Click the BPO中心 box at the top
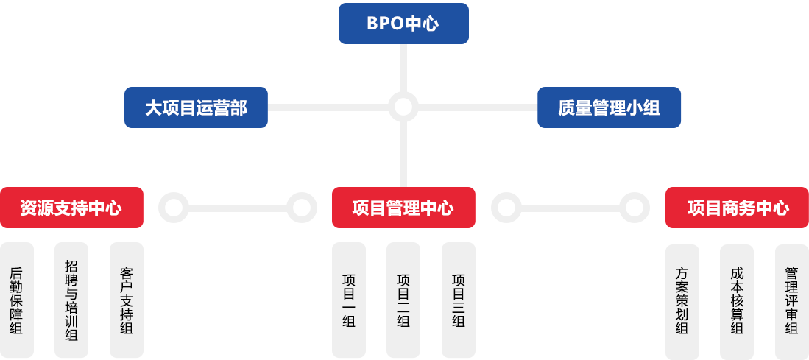(403, 24)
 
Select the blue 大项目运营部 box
(196, 107)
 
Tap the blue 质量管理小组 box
(609, 107)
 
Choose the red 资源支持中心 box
(71, 208)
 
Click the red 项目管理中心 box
(403, 208)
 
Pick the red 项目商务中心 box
(736, 208)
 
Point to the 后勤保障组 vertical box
(17, 300)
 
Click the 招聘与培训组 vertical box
(71, 300)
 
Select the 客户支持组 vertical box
(126, 300)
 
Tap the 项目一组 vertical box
(348, 300)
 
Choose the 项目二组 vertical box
(403, 300)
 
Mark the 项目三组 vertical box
(458, 300)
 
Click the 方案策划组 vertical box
(682, 300)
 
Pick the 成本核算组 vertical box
(736, 300)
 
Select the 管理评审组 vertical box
(791, 300)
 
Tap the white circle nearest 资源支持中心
(174, 208)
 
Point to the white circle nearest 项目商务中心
(634, 208)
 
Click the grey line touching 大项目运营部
(328, 107)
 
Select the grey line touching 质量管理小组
(478, 107)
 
